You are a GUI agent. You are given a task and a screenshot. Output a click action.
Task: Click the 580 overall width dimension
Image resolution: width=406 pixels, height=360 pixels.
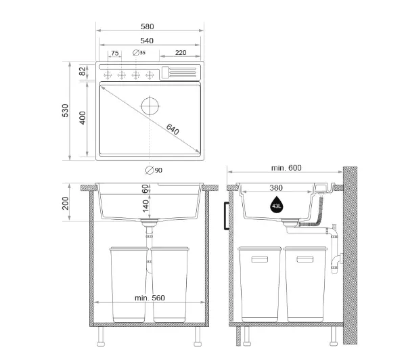click(147, 26)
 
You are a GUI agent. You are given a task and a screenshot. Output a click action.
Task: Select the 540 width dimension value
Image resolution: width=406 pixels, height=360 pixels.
click(147, 41)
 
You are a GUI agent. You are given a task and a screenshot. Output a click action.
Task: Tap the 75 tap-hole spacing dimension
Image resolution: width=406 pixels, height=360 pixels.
click(115, 53)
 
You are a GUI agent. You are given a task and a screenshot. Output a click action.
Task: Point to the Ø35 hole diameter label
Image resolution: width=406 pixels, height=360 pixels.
click(139, 53)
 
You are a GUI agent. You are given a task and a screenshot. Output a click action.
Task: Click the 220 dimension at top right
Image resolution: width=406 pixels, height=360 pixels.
click(181, 53)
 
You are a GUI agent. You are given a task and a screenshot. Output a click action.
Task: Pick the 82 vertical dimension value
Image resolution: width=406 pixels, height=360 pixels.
click(82, 71)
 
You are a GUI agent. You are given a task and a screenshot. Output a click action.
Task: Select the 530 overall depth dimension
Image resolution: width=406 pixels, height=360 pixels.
click(65, 110)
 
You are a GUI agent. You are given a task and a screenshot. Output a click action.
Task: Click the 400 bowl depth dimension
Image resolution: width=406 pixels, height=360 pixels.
click(83, 118)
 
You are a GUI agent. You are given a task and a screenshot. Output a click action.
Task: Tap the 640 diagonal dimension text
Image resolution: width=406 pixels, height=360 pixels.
click(173, 129)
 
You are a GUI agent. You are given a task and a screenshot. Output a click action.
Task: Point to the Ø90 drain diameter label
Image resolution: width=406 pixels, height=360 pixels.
click(154, 170)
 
